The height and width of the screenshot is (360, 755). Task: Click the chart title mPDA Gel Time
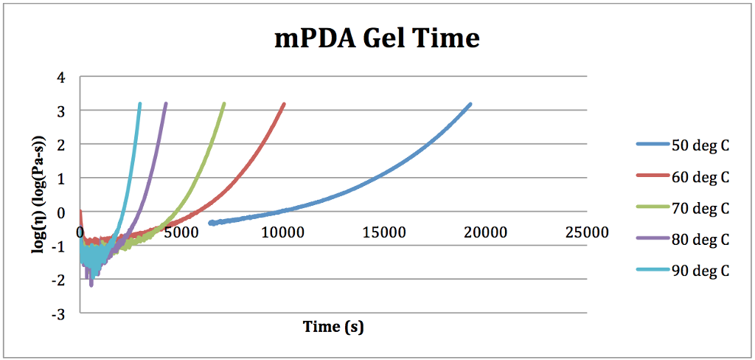(x=377, y=38)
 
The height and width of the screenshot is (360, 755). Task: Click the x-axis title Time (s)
(x=333, y=326)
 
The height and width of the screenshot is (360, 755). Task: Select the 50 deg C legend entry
(x=700, y=145)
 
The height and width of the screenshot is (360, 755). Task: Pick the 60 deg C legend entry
(x=700, y=176)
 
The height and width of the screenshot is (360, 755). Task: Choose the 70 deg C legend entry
(x=700, y=208)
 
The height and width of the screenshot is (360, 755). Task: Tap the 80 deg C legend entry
(x=700, y=239)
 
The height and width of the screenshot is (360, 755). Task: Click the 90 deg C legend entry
(x=700, y=271)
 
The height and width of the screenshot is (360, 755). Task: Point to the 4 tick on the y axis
(x=61, y=77)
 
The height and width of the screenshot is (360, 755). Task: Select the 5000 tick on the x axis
(x=181, y=232)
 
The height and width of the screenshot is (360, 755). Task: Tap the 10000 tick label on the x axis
(x=283, y=232)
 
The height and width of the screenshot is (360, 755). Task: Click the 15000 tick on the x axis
(x=384, y=232)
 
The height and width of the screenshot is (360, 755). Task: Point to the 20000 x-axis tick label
(x=486, y=232)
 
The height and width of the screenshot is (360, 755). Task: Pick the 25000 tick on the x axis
(x=587, y=232)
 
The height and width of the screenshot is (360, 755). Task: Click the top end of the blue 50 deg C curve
(x=469, y=105)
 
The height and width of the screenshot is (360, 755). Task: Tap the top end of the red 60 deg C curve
(x=284, y=105)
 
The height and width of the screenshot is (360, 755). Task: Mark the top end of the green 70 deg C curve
(x=223, y=105)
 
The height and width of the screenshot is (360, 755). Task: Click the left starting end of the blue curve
(x=211, y=222)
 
